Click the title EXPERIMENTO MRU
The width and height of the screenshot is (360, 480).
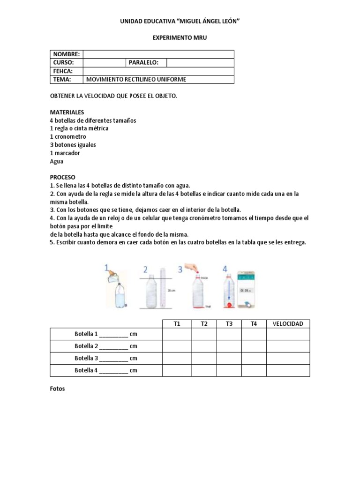(x=180, y=37)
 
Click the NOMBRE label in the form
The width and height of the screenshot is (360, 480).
(x=66, y=54)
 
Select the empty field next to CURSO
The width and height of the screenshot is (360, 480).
(x=104, y=63)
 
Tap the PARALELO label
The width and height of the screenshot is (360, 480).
(x=143, y=63)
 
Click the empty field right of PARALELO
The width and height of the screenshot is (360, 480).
(x=200, y=63)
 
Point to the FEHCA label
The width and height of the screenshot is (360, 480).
(x=62, y=71)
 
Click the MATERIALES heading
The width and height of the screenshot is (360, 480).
(x=67, y=112)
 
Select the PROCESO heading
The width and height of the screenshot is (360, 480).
(x=63, y=178)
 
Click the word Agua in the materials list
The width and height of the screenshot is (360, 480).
(x=56, y=161)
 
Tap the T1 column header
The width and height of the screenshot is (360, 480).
(x=177, y=324)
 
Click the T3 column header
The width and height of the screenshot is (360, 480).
(x=229, y=324)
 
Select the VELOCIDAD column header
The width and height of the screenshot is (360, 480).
(x=288, y=324)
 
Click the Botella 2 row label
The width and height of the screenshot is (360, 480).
(x=106, y=346)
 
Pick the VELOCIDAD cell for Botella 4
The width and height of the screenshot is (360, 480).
(x=288, y=370)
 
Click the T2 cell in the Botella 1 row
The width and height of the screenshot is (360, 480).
(x=204, y=334)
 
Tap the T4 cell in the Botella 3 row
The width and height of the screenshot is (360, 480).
(x=254, y=359)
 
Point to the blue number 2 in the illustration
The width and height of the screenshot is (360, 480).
(x=145, y=269)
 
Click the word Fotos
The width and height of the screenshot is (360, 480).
(x=58, y=389)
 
